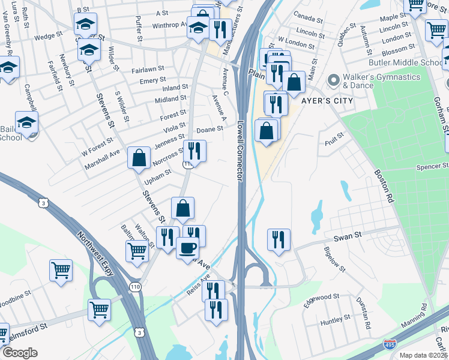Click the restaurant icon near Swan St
[279, 239]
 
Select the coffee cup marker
[188, 247]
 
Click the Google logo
[20, 353]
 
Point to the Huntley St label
[335, 322]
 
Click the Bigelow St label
[334, 259]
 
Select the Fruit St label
[333, 139]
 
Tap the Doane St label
[210, 130]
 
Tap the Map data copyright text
[423, 355]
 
